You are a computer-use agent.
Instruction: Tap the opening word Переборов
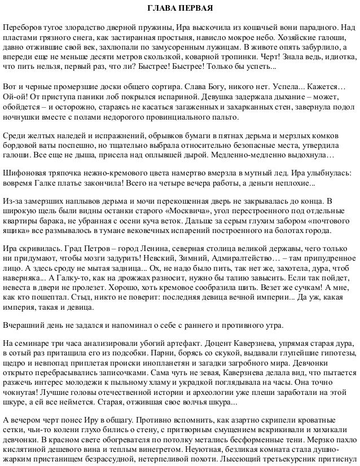tap(22, 28)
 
